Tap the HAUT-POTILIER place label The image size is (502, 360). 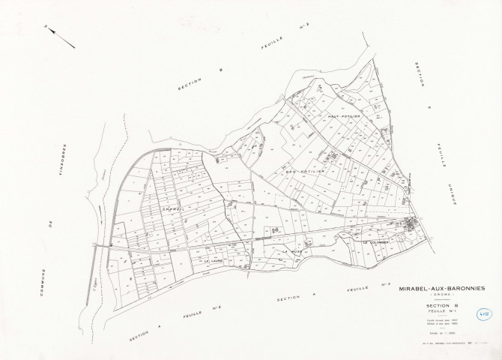click(x=344, y=118)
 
